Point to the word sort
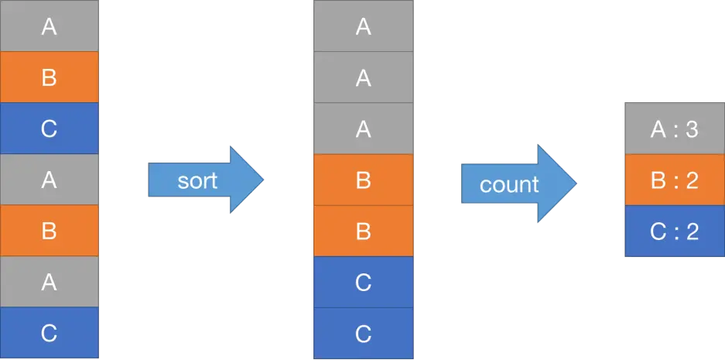click(197, 181)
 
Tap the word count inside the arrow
click(508, 185)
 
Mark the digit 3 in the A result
click(692, 129)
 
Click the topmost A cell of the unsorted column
click(49, 26)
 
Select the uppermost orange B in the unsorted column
click(49, 77)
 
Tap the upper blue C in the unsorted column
click(49, 129)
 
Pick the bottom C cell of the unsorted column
click(49, 333)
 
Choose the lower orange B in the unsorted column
click(49, 231)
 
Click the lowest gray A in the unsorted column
click(49, 283)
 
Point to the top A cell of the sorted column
click(363, 26)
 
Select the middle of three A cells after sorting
click(363, 77)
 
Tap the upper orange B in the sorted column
click(363, 180)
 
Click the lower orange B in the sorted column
click(363, 231)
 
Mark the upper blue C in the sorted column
click(363, 283)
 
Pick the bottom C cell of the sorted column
click(363, 333)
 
